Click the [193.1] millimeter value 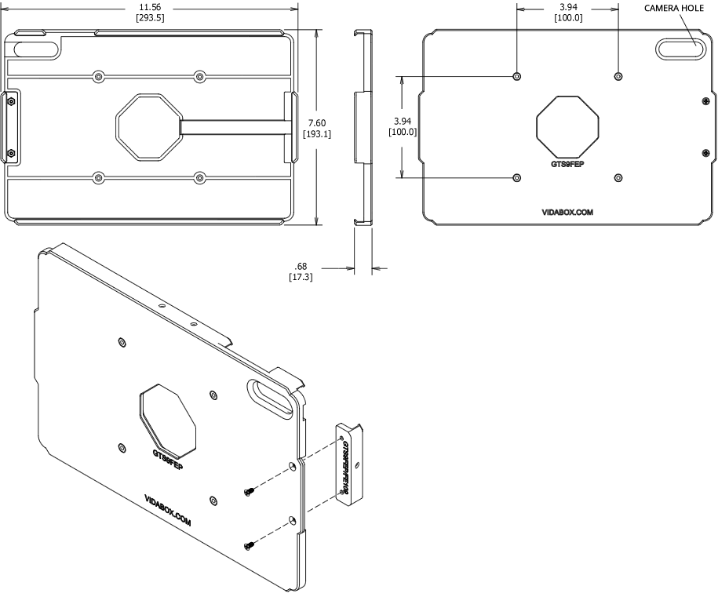pos(317,134)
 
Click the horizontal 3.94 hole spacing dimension pos(567,7)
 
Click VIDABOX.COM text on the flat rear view pos(567,212)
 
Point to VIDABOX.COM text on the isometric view pos(169,510)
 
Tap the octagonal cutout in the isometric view pos(169,418)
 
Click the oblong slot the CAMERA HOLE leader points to pos(679,49)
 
